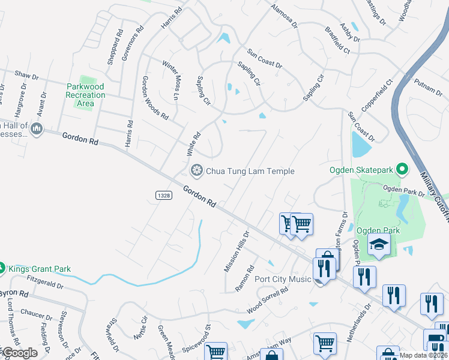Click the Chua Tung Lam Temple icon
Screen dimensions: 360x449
pos(196,171)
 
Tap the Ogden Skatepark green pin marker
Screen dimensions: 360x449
pos(403,170)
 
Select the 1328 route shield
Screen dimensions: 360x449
pos(163,195)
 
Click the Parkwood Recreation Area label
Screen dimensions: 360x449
pos(86,95)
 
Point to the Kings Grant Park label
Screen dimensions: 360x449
pos(39,268)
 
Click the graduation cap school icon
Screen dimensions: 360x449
pos(379,244)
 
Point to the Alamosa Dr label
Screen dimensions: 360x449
pos(284,16)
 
